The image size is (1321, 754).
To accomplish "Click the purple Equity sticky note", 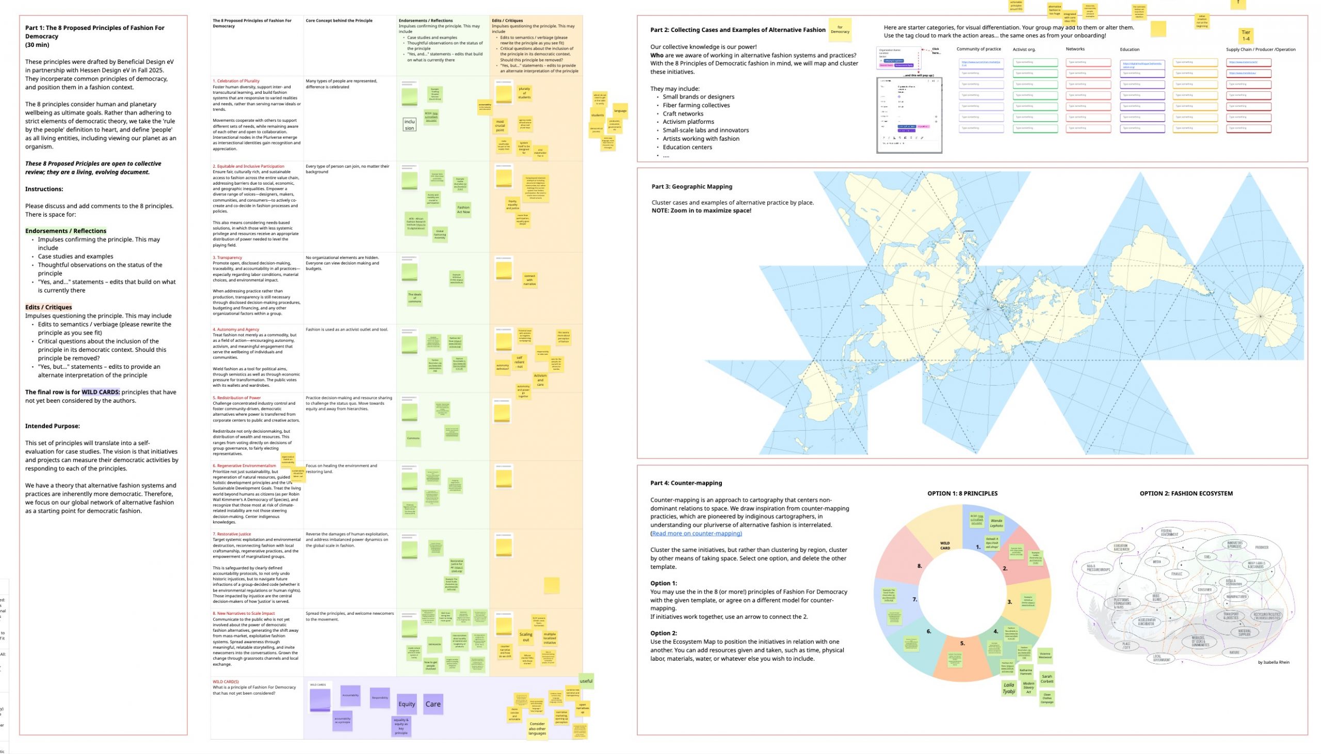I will pos(407,704).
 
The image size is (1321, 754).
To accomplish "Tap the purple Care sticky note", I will pos(432,704).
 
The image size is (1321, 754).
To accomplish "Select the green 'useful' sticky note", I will pos(586,681).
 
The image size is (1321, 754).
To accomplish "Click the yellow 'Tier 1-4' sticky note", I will pos(1245,35).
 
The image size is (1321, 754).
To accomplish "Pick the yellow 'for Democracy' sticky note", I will pos(840,29).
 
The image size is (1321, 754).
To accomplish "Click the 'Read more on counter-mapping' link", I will pos(696,533).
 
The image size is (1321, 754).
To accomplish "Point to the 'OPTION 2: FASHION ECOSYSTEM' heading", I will pos(1186,494).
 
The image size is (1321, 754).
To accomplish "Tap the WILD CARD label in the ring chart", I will pos(945,546).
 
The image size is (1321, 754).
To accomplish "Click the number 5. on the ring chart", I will pos(962,643).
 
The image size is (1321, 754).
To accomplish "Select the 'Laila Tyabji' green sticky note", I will pos(1008,687).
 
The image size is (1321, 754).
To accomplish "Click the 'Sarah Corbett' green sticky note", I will pos(1046,678).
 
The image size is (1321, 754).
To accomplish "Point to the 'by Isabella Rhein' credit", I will pos(1274,662).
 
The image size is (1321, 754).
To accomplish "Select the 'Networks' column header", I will pos(1075,49).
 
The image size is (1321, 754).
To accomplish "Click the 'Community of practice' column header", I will pos(978,49).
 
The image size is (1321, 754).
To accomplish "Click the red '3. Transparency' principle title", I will pos(228,257).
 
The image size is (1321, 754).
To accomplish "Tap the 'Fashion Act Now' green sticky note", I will pos(463,209).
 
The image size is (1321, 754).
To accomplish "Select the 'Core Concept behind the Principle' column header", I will pos(339,21).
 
